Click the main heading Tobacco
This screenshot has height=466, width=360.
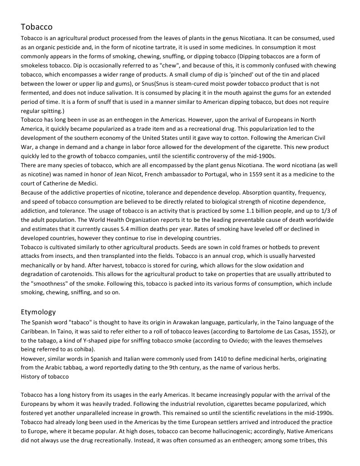click(x=36, y=27)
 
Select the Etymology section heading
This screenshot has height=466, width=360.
click(x=38, y=312)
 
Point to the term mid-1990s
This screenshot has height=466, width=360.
click(x=319, y=413)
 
